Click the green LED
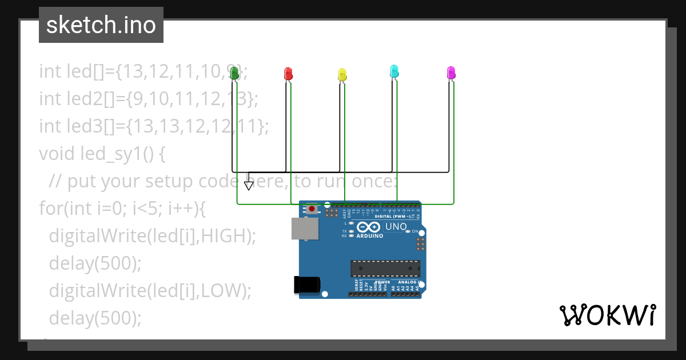[234, 72]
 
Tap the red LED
[288, 73]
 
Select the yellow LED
[342, 74]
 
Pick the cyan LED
[394, 71]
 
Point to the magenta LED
[451, 72]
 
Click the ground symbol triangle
[249, 185]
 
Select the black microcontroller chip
[385, 268]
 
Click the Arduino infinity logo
[369, 227]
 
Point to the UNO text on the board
[396, 227]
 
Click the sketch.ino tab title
[101, 25]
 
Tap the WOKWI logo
[607, 315]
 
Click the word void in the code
[55, 154]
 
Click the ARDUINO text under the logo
[370, 235]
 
